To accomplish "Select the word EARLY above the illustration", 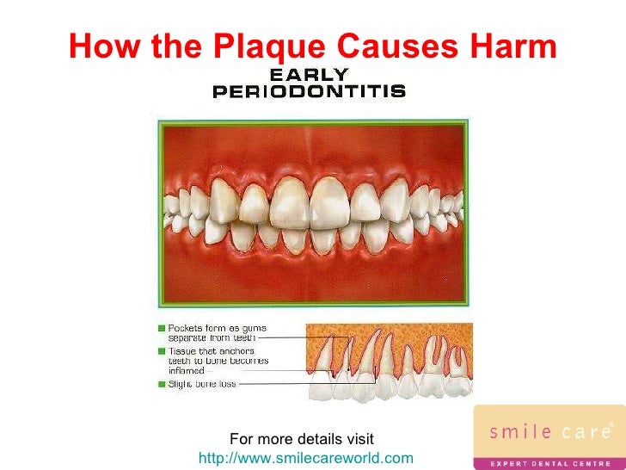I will point(310,75).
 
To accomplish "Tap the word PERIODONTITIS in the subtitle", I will point(309,90).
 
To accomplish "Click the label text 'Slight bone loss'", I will point(200,383).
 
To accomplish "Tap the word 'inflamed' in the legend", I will point(189,371).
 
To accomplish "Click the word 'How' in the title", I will point(97,46).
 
